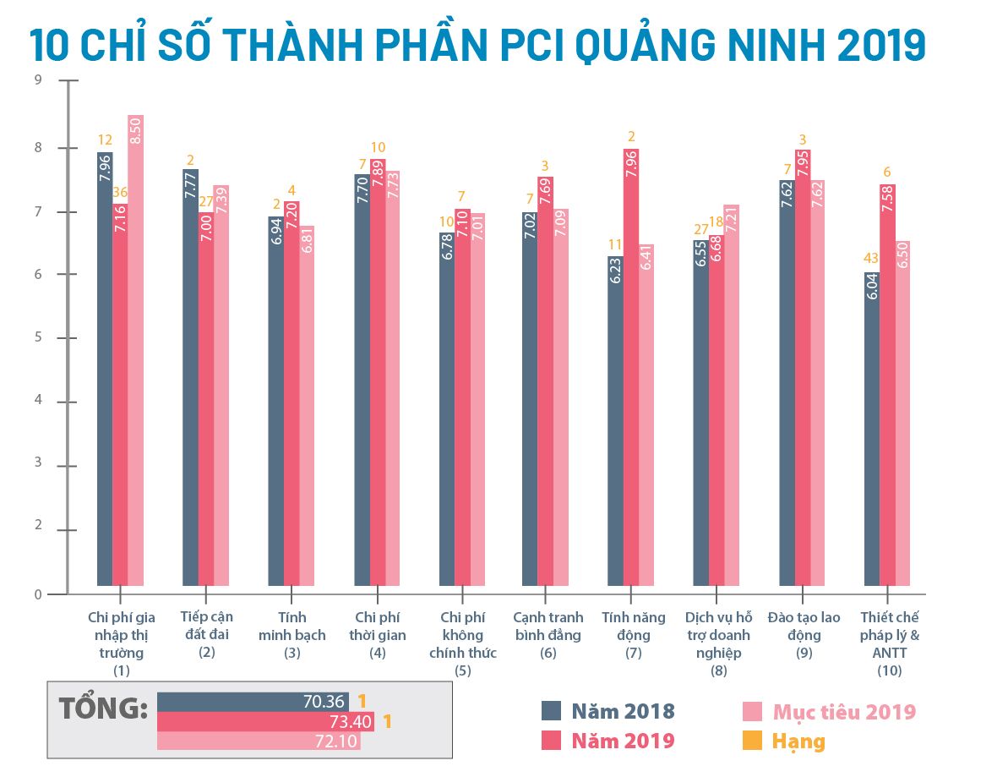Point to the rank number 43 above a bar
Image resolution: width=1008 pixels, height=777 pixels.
click(x=871, y=258)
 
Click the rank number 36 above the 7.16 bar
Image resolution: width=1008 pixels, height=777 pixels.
click(x=121, y=192)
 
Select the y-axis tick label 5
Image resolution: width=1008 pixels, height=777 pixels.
click(x=37, y=337)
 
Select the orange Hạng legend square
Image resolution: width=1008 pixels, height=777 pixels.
click(x=751, y=741)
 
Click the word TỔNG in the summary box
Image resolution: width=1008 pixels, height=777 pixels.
click(x=103, y=709)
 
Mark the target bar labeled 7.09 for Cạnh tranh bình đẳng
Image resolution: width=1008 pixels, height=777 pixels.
click(x=561, y=397)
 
